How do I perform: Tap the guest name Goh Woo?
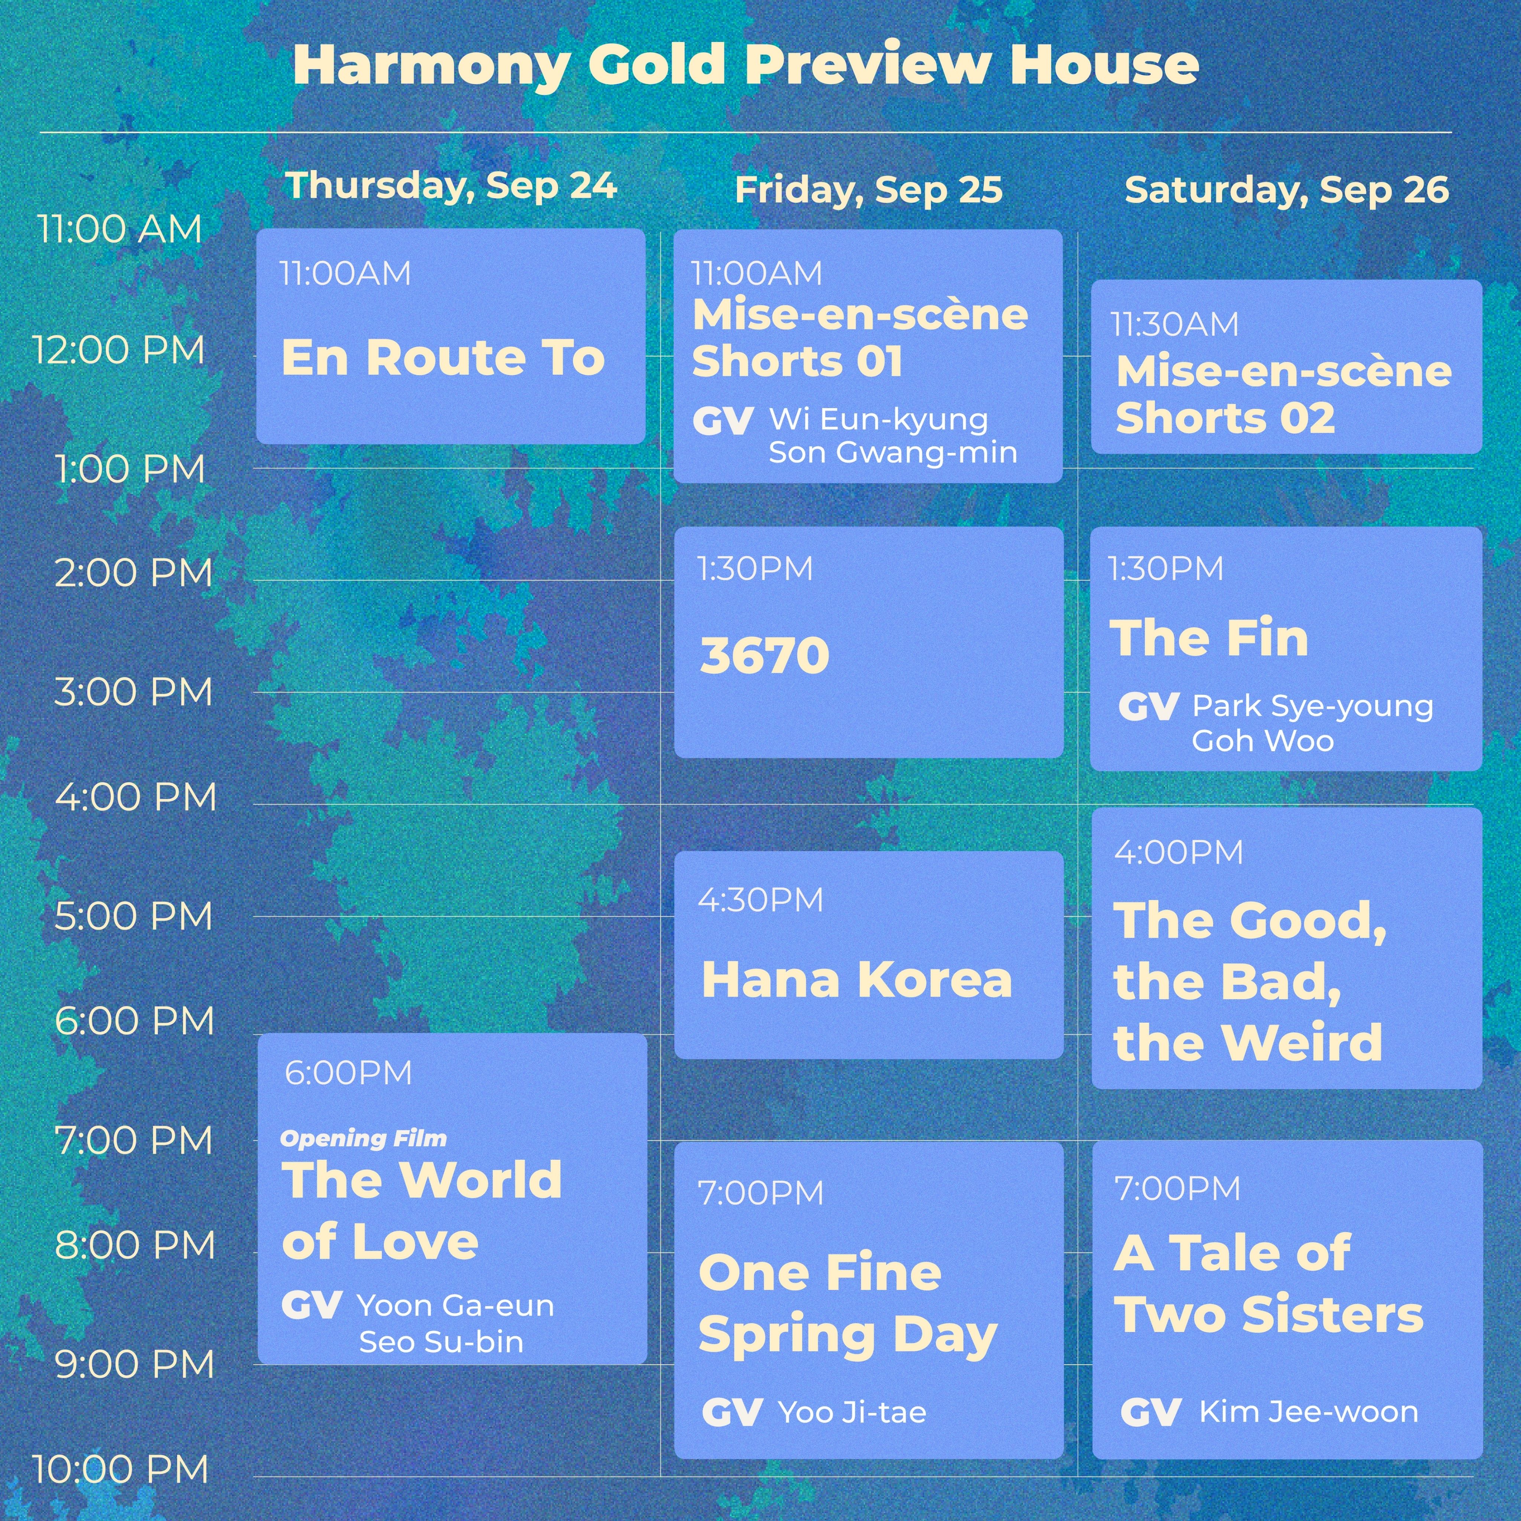pyautogui.click(x=1263, y=741)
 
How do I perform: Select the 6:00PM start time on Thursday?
pyautogui.click(x=349, y=1073)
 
